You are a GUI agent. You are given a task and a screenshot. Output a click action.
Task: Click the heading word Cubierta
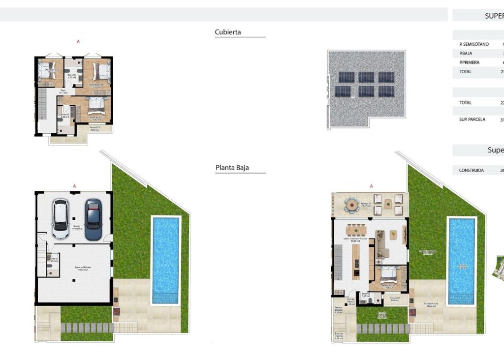click(x=228, y=32)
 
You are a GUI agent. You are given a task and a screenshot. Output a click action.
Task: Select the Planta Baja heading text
click(x=232, y=168)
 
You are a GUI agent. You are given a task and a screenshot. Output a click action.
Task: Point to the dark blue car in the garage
click(x=93, y=219)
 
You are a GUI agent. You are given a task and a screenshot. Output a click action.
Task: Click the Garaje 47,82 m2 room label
click(x=76, y=227)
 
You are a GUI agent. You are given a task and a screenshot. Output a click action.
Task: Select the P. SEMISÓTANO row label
click(x=473, y=44)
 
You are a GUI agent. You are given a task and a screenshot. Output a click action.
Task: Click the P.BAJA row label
click(x=467, y=54)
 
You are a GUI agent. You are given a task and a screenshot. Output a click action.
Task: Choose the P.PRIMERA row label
click(x=469, y=62)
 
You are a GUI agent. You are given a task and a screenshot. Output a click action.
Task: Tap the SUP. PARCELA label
click(x=472, y=120)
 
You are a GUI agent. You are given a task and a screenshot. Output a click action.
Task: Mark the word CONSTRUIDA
click(x=471, y=171)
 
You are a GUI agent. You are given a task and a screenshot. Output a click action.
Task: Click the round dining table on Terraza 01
click(x=352, y=205)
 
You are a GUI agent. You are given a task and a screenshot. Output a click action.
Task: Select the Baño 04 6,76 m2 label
click(x=71, y=76)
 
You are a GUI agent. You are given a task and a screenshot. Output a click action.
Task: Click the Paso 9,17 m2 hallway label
click(x=63, y=91)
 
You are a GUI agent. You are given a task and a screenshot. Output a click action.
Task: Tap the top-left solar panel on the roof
click(x=346, y=77)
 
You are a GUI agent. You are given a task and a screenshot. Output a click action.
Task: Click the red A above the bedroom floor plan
click(x=78, y=42)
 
